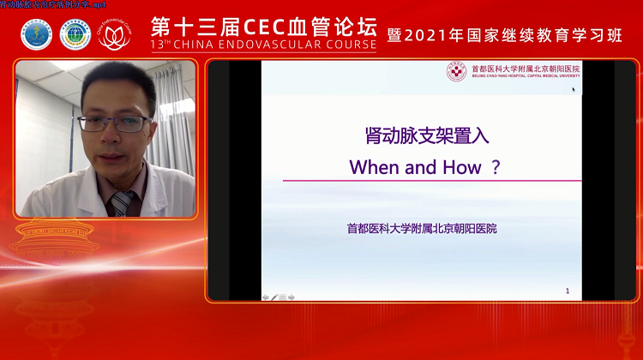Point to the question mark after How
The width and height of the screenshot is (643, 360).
tap(495, 167)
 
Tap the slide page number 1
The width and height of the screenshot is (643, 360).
tap(568, 291)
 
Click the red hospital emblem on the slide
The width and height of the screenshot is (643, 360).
tap(457, 72)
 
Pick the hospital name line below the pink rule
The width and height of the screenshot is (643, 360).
tap(421, 229)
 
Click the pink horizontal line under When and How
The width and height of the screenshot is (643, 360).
tap(432, 181)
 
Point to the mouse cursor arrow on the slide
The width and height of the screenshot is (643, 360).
tap(574, 88)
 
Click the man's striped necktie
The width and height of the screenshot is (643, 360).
tap(121, 203)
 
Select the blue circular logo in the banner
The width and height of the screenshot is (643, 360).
tap(36, 34)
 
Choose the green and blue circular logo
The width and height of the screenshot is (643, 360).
tap(75, 34)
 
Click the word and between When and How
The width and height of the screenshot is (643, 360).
tap(420, 167)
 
